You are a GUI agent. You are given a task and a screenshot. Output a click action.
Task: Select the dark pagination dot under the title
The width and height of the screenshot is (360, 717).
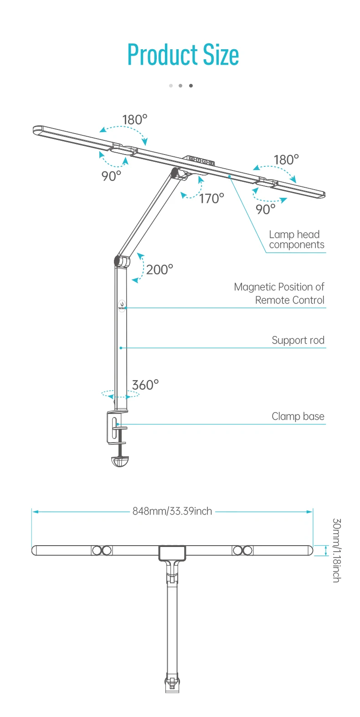pyautogui.click(x=191, y=86)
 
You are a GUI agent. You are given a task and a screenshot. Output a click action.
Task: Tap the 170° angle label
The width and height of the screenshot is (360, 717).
pyautogui.click(x=211, y=198)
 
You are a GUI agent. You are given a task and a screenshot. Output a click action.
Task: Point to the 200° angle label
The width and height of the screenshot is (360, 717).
pyautogui.click(x=159, y=269)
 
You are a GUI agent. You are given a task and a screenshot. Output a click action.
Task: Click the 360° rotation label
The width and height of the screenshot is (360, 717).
pyautogui.click(x=145, y=385)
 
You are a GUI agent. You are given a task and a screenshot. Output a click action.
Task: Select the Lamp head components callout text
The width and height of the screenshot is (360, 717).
pyautogui.click(x=296, y=240)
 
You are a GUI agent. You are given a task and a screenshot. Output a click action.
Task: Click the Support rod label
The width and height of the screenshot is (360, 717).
pyautogui.click(x=298, y=340)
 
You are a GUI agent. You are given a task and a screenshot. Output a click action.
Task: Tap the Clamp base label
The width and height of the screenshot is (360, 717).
pyautogui.click(x=298, y=416)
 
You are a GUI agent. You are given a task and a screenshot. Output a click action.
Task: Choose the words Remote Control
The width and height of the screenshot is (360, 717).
pyautogui.click(x=290, y=300)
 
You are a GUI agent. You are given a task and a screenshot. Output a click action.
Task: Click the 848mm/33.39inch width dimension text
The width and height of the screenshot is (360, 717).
pyautogui.click(x=172, y=511)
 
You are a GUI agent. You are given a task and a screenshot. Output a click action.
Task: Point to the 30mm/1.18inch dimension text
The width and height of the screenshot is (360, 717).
pyautogui.click(x=336, y=550)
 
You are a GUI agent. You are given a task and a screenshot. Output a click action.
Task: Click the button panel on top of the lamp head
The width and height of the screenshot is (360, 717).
pyautogui.click(x=201, y=160)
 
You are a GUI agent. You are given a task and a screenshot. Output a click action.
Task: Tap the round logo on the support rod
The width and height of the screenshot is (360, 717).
pyautogui.click(x=122, y=305)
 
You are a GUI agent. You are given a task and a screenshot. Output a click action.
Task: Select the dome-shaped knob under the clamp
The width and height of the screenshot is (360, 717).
pyautogui.click(x=120, y=461)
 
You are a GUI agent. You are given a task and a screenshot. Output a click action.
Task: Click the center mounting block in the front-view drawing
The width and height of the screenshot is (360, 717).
pyautogui.click(x=172, y=552)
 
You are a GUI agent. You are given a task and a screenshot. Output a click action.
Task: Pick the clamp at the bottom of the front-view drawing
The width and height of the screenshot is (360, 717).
pyautogui.click(x=172, y=684)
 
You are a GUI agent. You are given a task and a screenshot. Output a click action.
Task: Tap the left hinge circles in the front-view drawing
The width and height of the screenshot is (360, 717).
pyautogui.click(x=102, y=550)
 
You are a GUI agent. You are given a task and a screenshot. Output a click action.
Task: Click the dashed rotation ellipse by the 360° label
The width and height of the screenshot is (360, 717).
pyautogui.click(x=120, y=394)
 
